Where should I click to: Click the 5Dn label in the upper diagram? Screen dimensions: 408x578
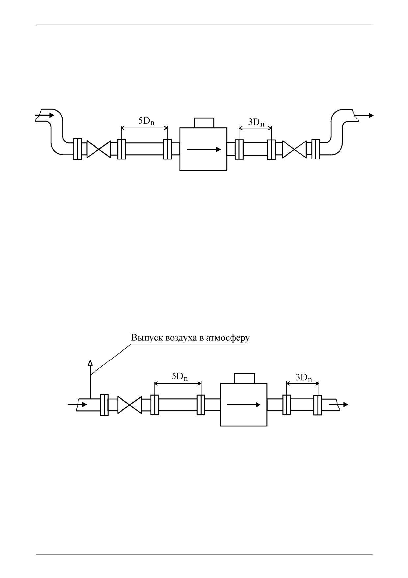(146, 121)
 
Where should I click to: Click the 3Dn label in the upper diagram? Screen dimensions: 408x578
(256, 123)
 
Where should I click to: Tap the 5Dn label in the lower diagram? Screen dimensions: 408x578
(179, 377)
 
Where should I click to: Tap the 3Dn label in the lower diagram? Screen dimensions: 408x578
(304, 378)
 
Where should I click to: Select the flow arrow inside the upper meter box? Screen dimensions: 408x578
(204, 149)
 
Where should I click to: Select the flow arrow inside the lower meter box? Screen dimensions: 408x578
(244, 405)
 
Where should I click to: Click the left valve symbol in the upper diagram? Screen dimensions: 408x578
(99, 149)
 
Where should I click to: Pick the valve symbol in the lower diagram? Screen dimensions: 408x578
(130, 405)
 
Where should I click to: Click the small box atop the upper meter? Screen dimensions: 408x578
(204, 123)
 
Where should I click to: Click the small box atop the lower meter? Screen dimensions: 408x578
(244, 378)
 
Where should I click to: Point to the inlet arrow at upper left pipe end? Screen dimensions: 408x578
(44, 115)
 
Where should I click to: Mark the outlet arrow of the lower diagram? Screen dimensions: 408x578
(339, 404)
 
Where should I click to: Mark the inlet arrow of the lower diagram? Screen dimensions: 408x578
(77, 404)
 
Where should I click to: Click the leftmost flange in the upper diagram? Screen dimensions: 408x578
(77, 149)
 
